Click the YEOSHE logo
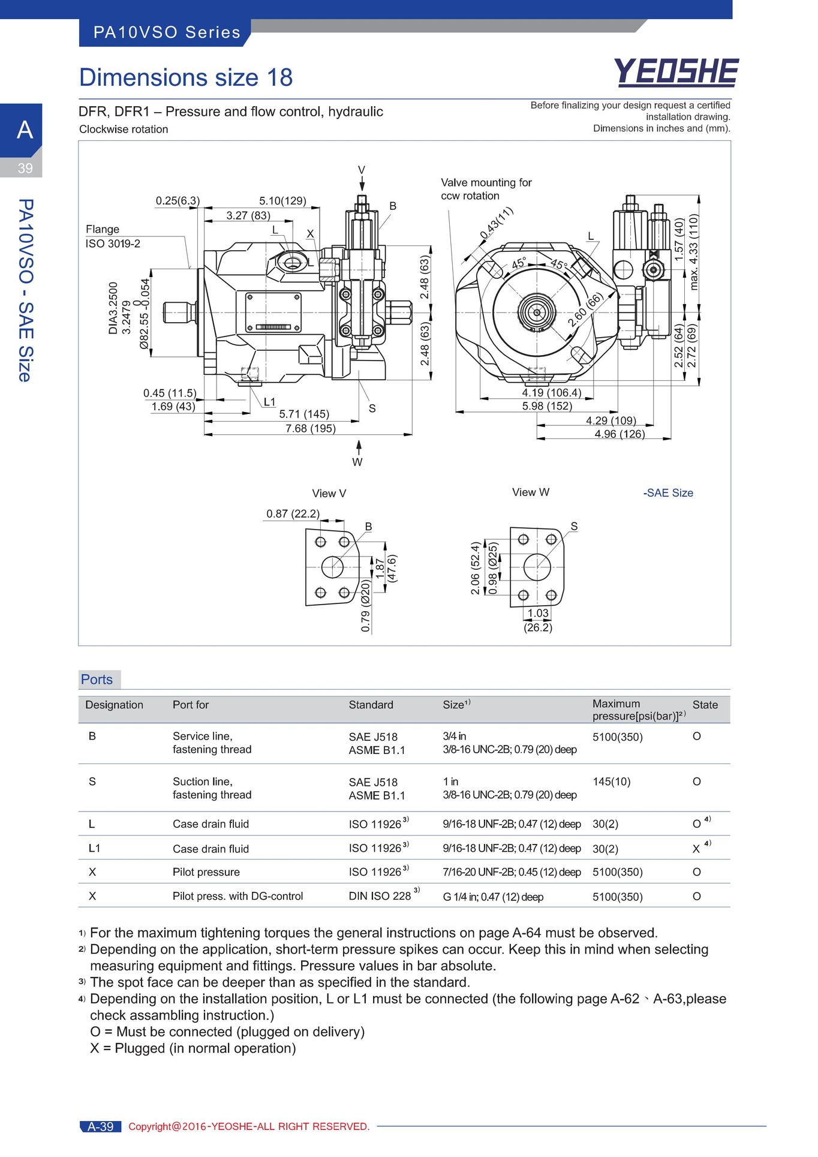(676, 73)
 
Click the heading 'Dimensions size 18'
(186, 77)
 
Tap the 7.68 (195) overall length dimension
(310, 428)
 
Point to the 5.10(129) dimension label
(282, 200)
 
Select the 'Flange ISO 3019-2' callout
(113, 236)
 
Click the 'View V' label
(329, 493)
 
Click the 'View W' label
(530, 492)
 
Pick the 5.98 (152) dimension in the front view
(547, 406)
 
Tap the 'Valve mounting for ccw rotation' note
(486, 189)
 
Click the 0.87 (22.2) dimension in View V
(293, 513)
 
